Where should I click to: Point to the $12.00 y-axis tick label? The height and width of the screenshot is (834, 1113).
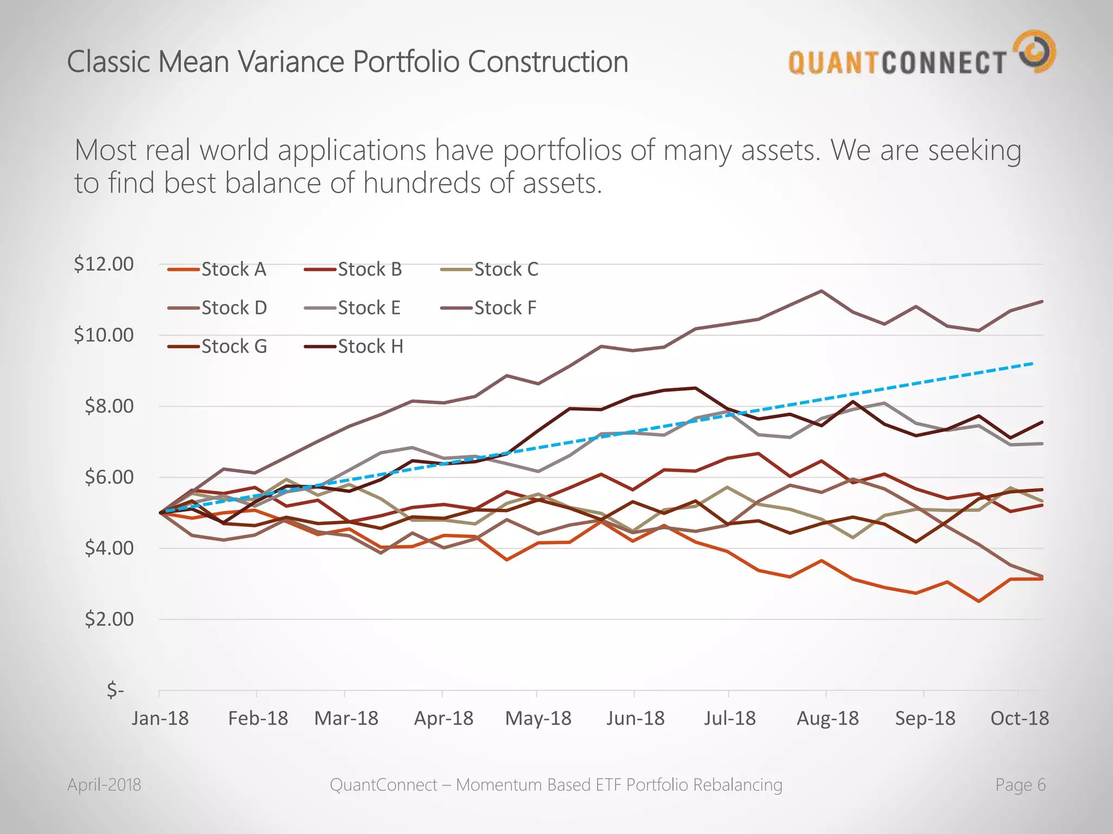coord(104,264)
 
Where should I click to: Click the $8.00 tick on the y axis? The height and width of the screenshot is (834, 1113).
coord(109,406)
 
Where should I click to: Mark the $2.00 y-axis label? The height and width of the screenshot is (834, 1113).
coord(109,619)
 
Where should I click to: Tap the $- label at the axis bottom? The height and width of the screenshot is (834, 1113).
coord(115,690)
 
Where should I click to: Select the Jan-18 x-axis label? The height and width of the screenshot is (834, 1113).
coord(160,718)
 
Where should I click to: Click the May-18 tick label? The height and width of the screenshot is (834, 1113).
coord(538,718)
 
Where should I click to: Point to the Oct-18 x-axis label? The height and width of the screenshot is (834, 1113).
coord(1020,718)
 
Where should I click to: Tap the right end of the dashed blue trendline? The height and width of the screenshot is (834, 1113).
coord(1032,363)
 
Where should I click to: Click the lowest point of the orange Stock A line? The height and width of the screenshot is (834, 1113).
coord(979,601)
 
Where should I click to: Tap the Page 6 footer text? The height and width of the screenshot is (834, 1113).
coord(1020,785)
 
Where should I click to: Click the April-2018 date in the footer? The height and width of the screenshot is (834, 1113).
coord(104,785)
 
